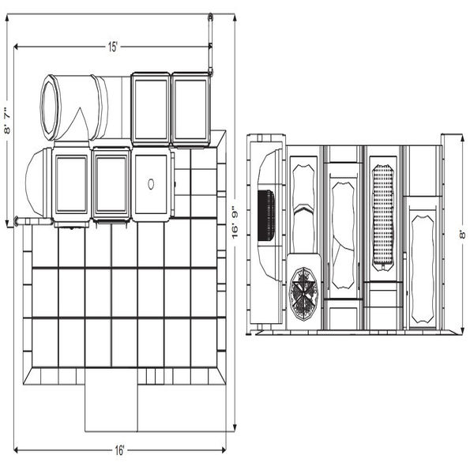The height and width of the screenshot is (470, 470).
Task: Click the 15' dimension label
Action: pos(113,47)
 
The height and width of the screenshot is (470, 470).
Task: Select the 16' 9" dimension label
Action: pos(235,225)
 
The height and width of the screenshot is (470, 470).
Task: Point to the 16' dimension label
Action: pos(119,450)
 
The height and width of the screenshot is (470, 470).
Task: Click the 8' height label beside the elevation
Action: pos(463,235)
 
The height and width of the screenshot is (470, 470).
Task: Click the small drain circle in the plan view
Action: pos(151,184)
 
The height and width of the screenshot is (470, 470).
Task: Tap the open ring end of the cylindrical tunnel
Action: pos(50,107)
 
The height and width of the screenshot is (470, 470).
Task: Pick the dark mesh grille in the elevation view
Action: pos(266,215)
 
